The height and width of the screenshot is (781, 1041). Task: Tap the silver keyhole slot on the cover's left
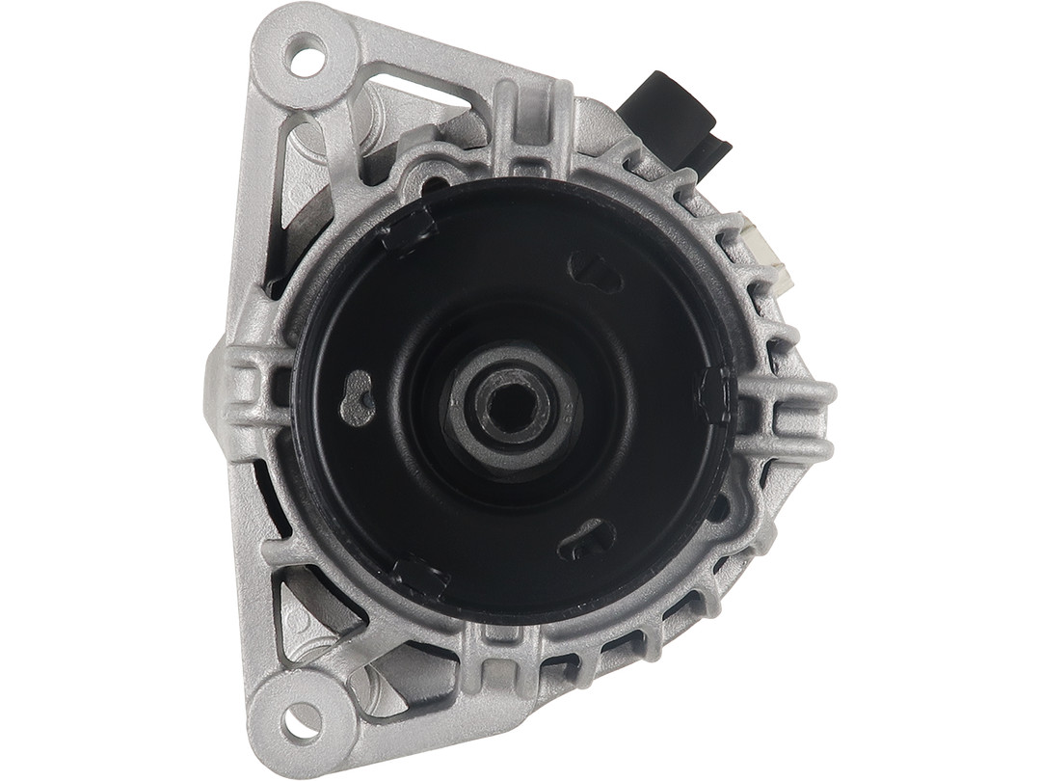click(x=359, y=397)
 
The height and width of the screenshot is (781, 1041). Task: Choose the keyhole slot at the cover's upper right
click(x=595, y=272)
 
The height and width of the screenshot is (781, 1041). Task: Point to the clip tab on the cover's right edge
click(x=714, y=395)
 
